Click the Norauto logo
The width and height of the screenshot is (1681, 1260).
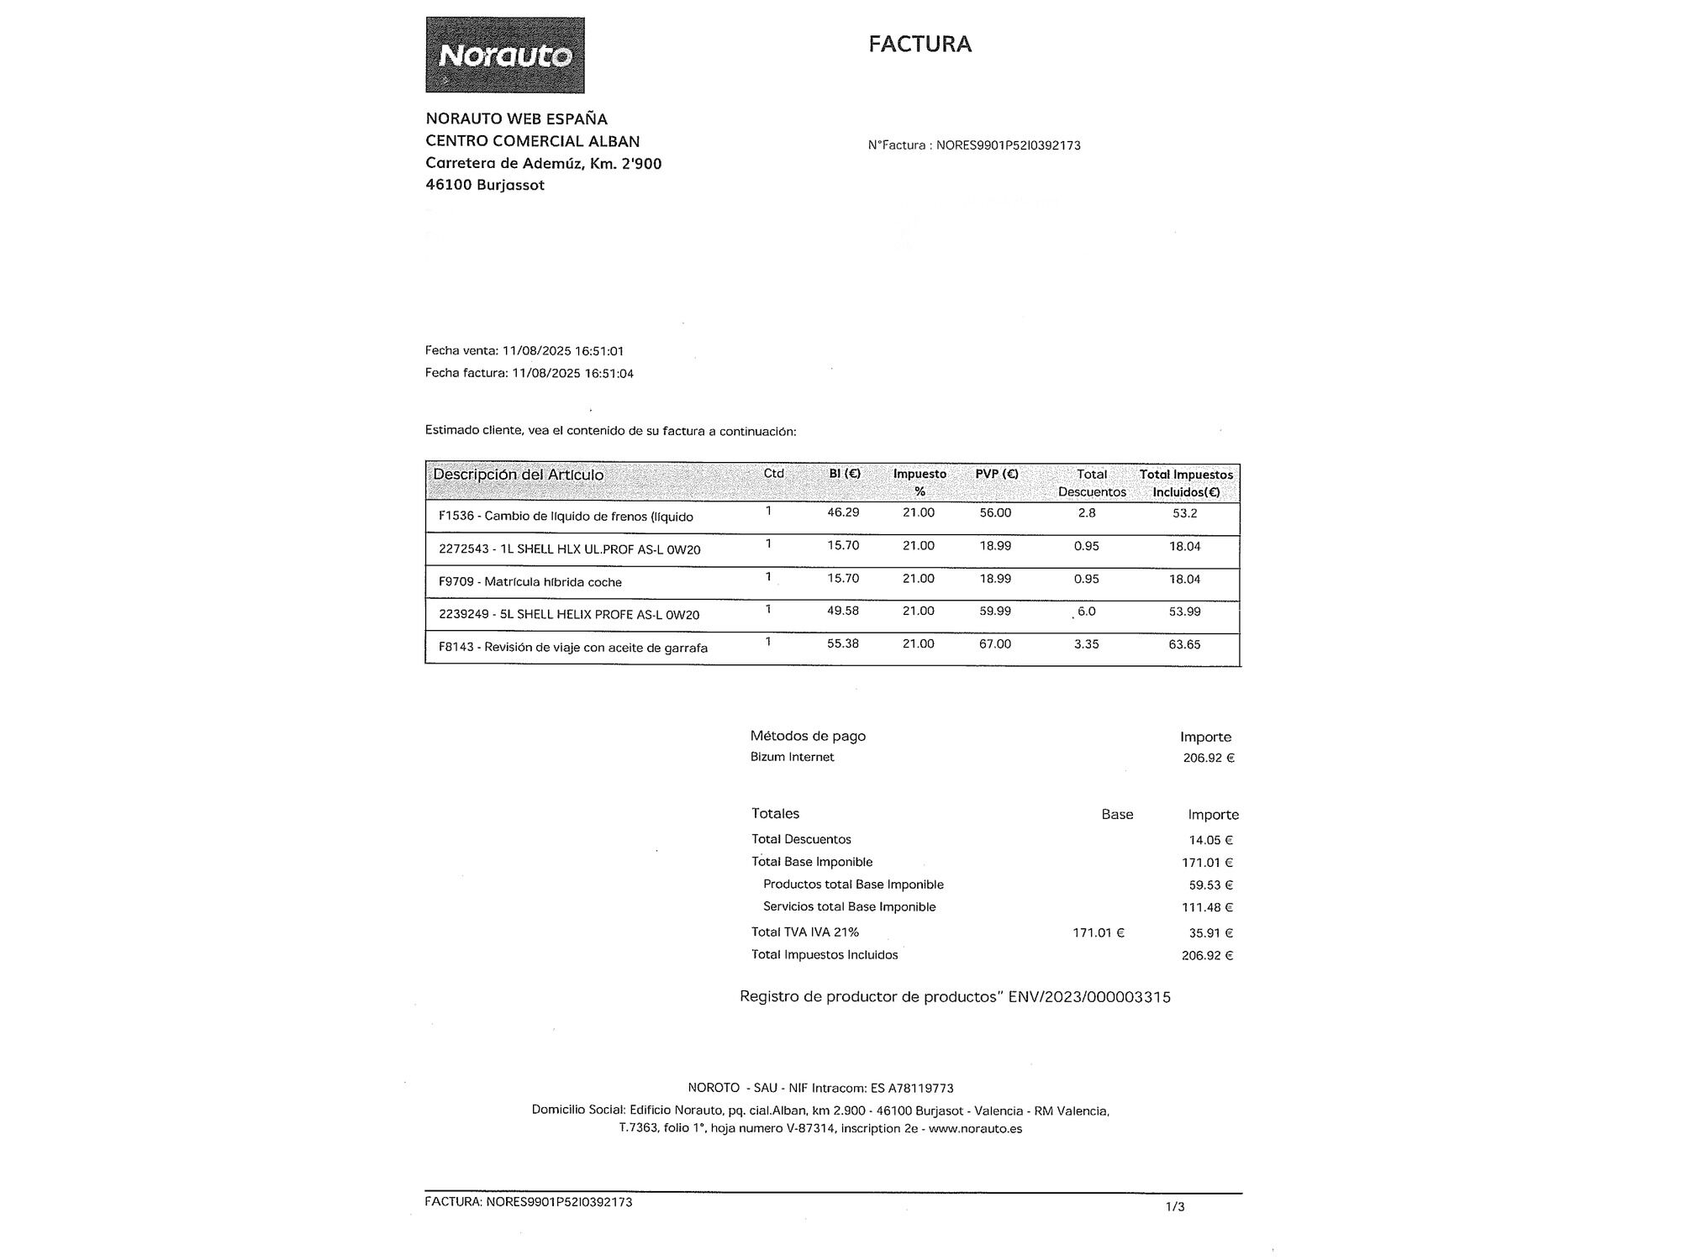click(505, 55)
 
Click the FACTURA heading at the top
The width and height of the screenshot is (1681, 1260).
click(920, 45)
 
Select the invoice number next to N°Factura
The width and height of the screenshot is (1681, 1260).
click(1008, 145)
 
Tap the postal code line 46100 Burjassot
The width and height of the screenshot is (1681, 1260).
click(485, 185)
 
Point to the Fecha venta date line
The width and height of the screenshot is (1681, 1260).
click(524, 351)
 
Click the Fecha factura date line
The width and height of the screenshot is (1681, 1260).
click(530, 373)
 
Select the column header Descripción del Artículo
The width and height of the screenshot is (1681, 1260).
click(518, 475)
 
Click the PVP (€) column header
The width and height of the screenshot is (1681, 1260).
click(997, 474)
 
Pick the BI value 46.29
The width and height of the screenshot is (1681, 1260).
click(843, 512)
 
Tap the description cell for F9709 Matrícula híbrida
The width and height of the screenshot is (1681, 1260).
click(530, 582)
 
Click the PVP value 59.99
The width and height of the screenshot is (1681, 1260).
click(995, 611)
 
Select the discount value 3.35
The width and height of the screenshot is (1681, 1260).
click(1086, 644)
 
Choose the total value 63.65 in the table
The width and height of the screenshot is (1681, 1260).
click(1184, 644)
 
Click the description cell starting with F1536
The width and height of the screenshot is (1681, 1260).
click(566, 517)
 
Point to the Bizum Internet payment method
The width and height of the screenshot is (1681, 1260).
click(792, 757)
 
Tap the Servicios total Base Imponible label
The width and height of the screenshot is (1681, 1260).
click(849, 907)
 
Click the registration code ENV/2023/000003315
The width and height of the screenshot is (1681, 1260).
click(1089, 997)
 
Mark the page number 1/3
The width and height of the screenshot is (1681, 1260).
click(1175, 1207)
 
